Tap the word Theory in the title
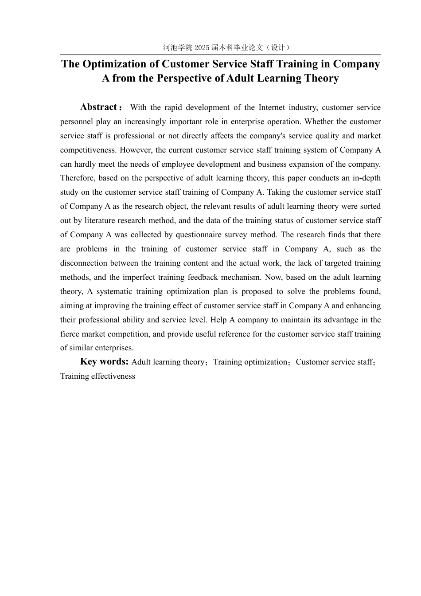coord(322,78)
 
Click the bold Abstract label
coord(98,107)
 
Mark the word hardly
coord(85,164)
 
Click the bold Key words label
coord(104,362)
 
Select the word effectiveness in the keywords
coord(113,376)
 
